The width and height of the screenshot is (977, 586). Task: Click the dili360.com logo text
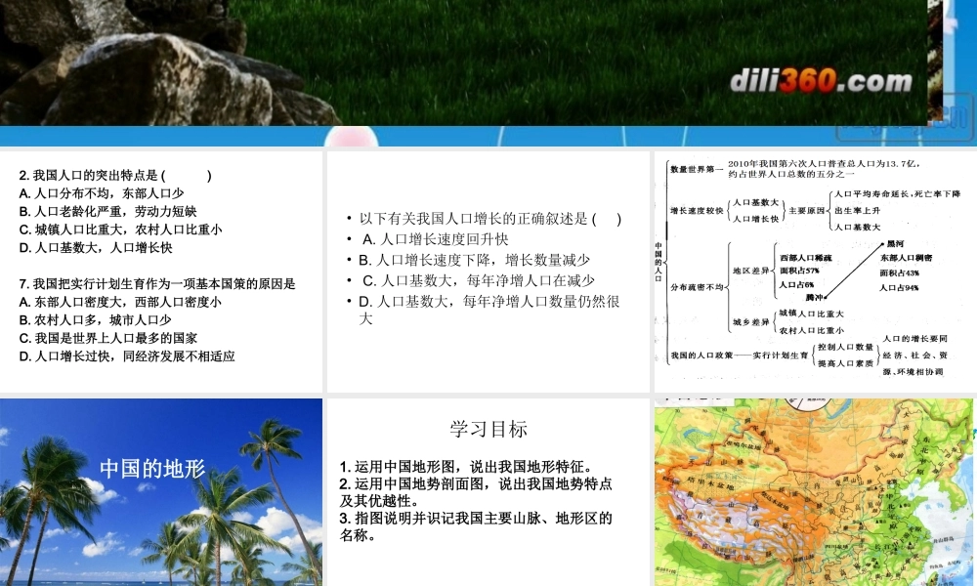[821, 81]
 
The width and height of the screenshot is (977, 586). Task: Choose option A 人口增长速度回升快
[435, 239]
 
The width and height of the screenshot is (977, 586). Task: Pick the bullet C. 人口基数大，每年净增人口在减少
[478, 281]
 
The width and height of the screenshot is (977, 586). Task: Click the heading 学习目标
[488, 429]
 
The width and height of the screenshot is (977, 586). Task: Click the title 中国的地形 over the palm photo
[152, 469]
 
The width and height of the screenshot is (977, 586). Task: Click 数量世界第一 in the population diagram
[697, 169]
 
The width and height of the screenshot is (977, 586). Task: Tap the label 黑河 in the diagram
[893, 243]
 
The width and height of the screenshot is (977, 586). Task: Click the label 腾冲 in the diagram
[813, 296]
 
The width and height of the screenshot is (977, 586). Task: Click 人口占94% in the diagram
[899, 288]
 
